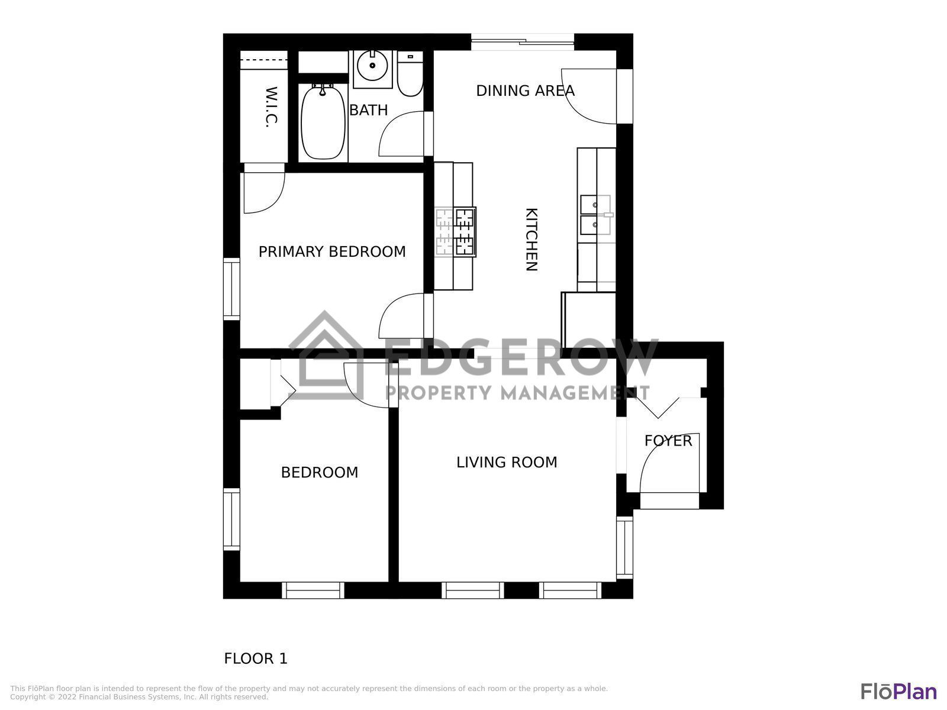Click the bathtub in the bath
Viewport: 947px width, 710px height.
[323, 122]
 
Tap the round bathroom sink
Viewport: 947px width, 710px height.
[372, 65]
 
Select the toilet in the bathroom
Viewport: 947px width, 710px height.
[410, 76]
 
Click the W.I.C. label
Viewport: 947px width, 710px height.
[270, 107]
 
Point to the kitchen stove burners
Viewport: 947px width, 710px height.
[456, 231]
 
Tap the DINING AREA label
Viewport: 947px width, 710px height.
[525, 91]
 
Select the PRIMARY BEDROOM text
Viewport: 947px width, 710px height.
[332, 251]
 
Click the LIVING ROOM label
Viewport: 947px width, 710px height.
[507, 462]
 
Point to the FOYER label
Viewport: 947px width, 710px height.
[668, 441]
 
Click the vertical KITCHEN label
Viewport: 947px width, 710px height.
[532, 240]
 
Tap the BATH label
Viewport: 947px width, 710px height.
[368, 110]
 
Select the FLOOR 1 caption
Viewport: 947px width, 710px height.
[256, 659]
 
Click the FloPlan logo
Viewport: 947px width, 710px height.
[898, 691]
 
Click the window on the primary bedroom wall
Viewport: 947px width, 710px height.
[231, 289]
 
